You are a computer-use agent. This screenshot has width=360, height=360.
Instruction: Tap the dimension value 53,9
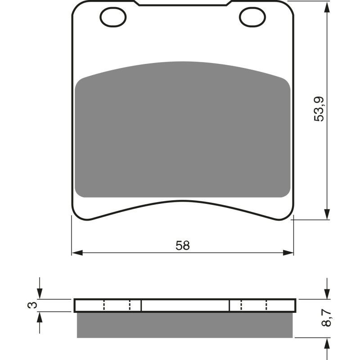point(319,109)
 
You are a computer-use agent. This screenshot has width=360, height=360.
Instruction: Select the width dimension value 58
point(183,246)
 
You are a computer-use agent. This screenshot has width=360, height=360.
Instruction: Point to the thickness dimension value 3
point(31,305)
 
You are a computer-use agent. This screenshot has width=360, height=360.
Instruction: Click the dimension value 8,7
point(328,318)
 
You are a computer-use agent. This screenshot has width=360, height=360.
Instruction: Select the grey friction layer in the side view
point(184,325)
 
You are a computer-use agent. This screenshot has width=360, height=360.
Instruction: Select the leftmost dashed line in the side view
point(104,305)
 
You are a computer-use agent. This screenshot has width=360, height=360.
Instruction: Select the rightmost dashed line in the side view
point(267,305)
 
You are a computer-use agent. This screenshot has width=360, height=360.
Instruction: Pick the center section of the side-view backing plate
point(185,305)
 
